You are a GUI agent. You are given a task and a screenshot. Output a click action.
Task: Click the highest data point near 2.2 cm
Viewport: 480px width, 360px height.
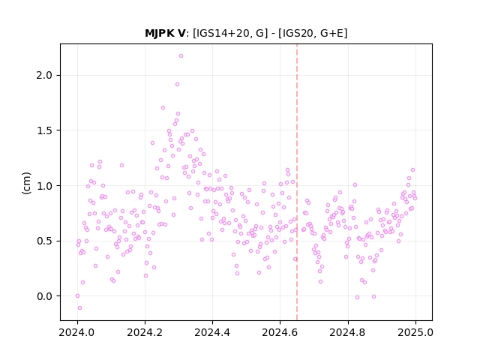pos(181,55)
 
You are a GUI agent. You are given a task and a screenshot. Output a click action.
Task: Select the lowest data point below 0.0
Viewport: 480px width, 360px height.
pos(79,307)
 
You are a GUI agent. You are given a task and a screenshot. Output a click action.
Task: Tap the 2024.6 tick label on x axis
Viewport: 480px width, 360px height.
pos(280,332)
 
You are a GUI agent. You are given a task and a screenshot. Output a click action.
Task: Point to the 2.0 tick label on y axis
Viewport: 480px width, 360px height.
pos(45,75)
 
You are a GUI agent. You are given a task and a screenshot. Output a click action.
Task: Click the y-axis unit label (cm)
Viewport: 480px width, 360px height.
pos(26,183)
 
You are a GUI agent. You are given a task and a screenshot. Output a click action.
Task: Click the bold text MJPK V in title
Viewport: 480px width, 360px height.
pos(165,33)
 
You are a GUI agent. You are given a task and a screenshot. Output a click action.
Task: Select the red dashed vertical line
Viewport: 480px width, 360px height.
pos(297,182)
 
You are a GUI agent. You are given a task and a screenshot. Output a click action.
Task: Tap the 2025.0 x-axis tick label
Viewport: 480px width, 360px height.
pos(415,332)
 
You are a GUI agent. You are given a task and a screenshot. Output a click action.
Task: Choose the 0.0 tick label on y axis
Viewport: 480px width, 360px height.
pos(45,296)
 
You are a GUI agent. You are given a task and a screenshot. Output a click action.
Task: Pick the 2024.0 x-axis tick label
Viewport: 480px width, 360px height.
pos(77,332)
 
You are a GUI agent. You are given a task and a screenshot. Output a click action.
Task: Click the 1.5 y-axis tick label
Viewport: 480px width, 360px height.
pos(45,130)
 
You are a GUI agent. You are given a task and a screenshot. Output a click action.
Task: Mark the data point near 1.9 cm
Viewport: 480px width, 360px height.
pos(177,84)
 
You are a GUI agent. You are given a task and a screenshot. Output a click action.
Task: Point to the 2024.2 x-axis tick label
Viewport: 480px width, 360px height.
pos(145,332)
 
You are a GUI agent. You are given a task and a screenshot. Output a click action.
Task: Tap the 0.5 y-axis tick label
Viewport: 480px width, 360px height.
pos(45,241)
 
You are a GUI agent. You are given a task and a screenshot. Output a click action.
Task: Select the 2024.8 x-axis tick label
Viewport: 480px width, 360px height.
pos(347,332)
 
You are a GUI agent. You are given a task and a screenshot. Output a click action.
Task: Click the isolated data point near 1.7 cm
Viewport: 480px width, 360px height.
pos(163,107)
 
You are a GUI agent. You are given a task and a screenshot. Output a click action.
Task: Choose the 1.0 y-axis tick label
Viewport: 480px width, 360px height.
pos(45,186)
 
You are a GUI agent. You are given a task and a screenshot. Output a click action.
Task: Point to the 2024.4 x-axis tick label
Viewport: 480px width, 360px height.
pos(212,332)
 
